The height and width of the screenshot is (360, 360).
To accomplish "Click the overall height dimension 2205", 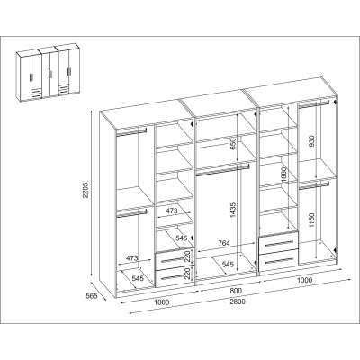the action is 85,190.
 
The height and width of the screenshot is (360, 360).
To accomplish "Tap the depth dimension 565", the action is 92,296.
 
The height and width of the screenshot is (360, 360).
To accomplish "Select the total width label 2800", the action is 238,301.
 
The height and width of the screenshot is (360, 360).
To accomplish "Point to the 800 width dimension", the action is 236,291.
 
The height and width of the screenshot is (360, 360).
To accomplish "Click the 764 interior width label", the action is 224,243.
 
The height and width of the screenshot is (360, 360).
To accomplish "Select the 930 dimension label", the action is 312,141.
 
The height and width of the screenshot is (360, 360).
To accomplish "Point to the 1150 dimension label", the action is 312,220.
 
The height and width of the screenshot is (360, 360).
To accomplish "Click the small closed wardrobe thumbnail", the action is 49,72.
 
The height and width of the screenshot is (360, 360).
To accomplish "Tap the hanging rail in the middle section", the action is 222,169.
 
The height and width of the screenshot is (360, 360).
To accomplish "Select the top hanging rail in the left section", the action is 131,132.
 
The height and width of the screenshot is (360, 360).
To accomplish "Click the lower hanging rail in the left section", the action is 131,212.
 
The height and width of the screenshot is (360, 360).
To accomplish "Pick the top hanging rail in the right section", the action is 314,104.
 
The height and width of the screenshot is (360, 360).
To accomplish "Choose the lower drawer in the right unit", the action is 279,259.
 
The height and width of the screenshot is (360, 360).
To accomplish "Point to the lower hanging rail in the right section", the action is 314,185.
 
